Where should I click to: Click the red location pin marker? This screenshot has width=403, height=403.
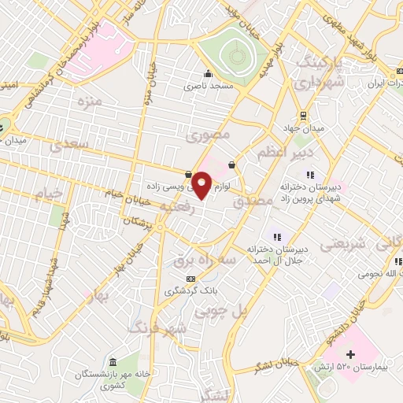(202, 185)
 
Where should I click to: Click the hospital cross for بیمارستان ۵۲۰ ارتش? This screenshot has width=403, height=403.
(351, 355)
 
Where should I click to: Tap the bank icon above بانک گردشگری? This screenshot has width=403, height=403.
(190, 279)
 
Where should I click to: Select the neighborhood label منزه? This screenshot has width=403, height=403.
(89, 102)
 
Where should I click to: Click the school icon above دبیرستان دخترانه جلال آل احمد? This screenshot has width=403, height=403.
(275, 235)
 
